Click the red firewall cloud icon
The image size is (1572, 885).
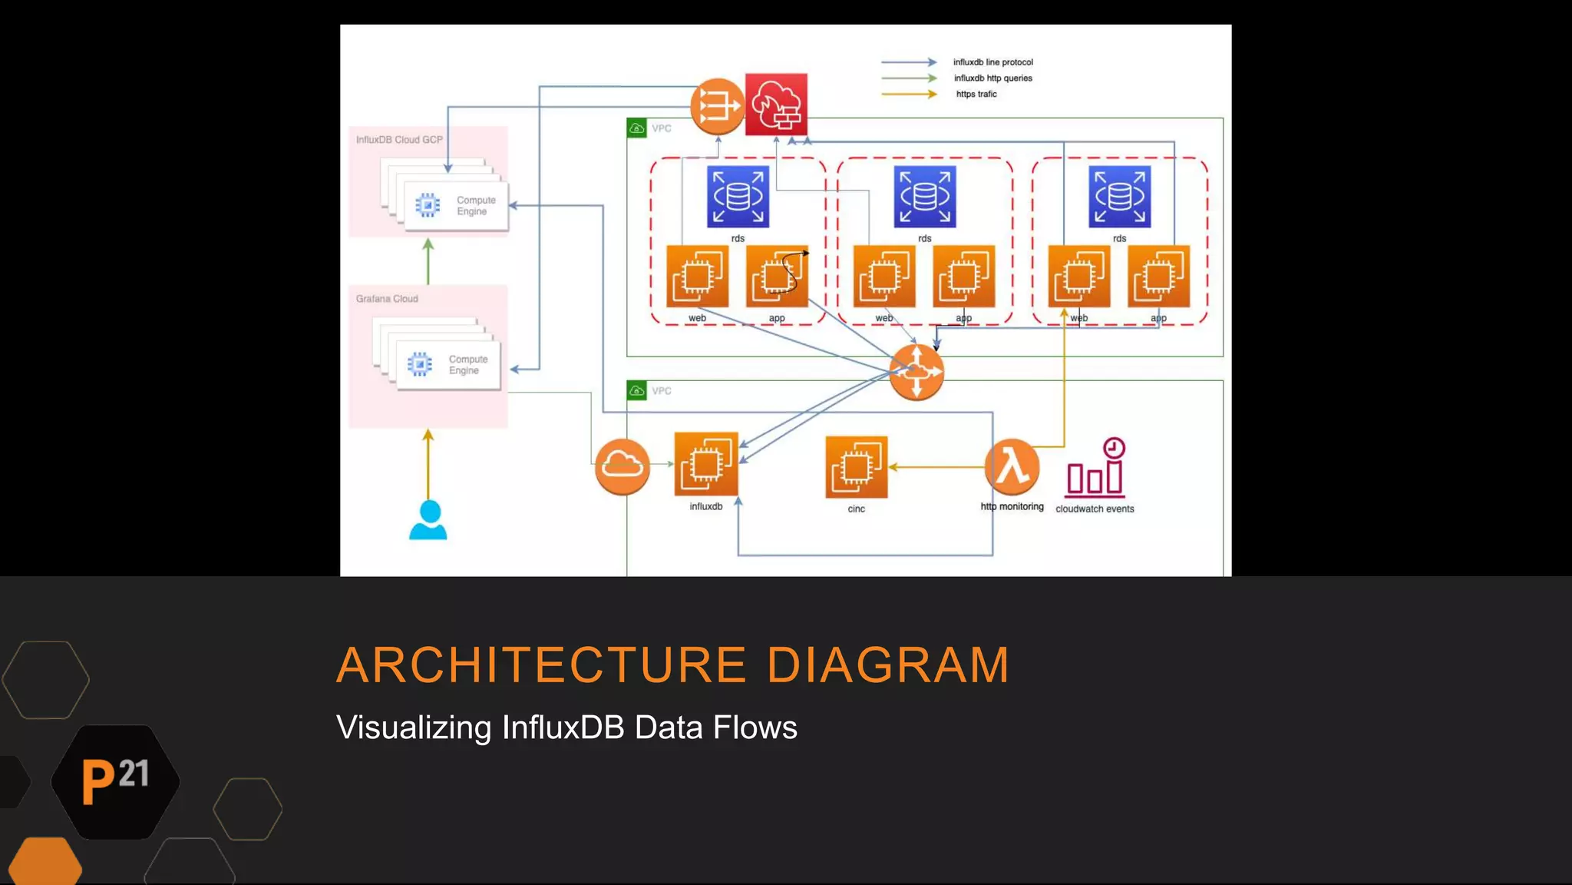pyautogui.click(x=776, y=104)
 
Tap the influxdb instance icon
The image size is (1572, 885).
pyautogui.click(x=705, y=464)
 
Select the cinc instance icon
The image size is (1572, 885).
pyautogui.click(x=856, y=467)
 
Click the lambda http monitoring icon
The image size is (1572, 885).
pyautogui.click(x=1012, y=466)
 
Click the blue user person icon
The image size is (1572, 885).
pyautogui.click(x=428, y=520)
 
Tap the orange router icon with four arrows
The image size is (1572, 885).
pyautogui.click(x=916, y=372)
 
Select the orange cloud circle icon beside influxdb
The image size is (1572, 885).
pyautogui.click(x=623, y=466)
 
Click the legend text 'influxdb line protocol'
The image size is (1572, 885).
pyautogui.click(x=992, y=62)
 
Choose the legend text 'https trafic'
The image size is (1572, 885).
pyautogui.click(x=976, y=94)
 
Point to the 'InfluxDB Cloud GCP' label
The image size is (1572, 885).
pyautogui.click(x=399, y=140)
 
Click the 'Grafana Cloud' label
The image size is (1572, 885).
pyautogui.click(x=387, y=299)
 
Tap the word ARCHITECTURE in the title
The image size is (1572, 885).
pyautogui.click(x=541, y=665)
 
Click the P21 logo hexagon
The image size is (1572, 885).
pyautogui.click(x=115, y=781)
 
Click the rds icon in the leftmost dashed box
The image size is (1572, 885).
pyautogui.click(x=738, y=197)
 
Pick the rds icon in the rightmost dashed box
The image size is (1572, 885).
pyautogui.click(x=1119, y=197)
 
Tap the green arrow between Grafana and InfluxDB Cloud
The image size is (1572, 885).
pyautogui.click(x=428, y=261)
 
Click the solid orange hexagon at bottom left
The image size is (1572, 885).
pyautogui.click(x=45, y=862)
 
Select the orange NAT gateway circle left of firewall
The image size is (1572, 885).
pyautogui.click(x=717, y=106)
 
